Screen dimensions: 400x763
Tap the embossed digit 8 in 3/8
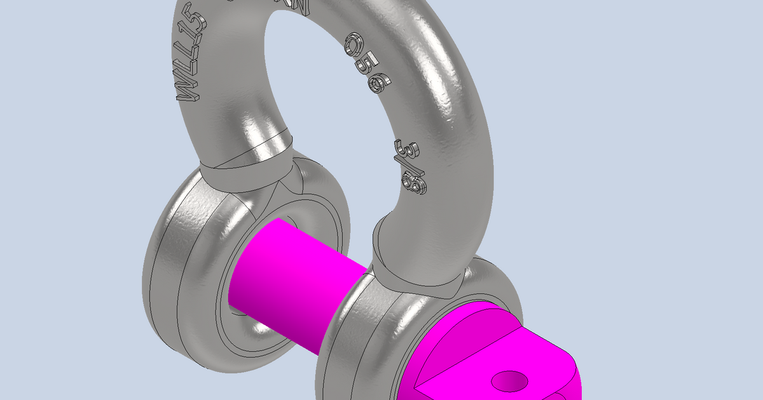pos(416,185)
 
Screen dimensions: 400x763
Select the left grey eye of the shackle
pos(172,273)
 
